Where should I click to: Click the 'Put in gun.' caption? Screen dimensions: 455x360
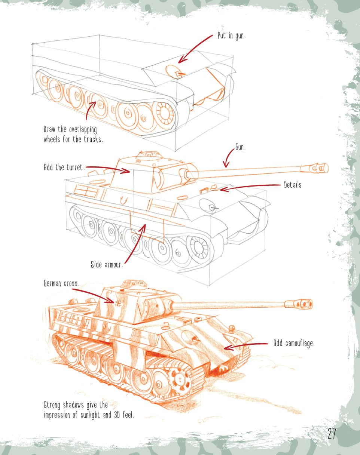click(x=231, y=37)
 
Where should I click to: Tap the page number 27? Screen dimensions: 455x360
click(x=332, y=434)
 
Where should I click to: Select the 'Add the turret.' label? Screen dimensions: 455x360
click(x=64, y=167)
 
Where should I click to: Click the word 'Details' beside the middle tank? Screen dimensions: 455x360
click(x=292, y=185)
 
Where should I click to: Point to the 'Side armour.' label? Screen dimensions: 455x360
click(x=107, y=265)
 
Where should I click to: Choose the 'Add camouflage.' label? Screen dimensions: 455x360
click(x=294, y=344)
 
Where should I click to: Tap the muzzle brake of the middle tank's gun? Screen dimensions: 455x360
click(x=318, y=168)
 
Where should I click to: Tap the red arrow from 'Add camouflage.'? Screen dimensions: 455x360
click(x=245, y=346)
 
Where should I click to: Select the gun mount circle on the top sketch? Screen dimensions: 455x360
click(x=173, y=71)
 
